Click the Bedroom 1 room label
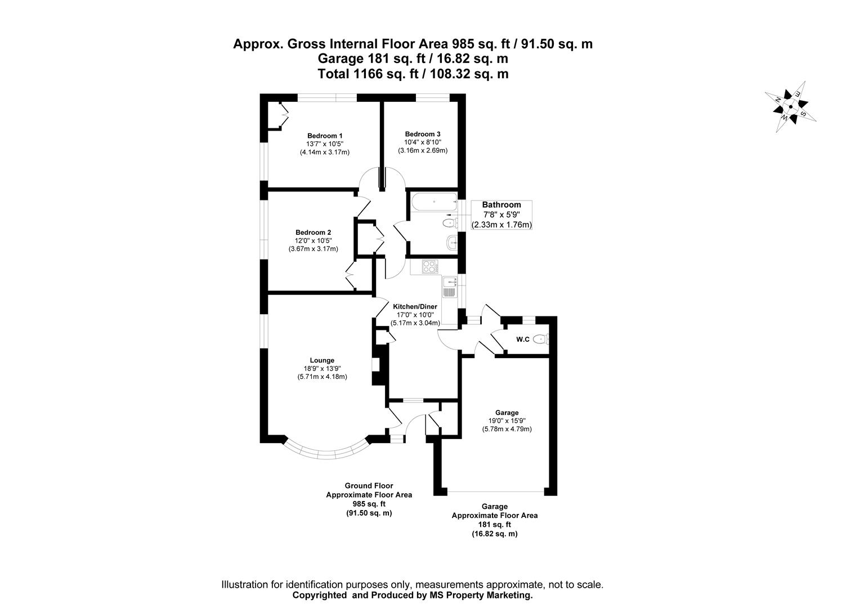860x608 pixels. pos(325,136)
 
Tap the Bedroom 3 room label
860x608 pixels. pos(422,134)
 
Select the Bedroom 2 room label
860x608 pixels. pos(313,233)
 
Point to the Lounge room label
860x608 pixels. pos(322,360)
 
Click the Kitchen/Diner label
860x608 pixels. pos(415,307)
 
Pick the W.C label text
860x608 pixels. pos(522,339)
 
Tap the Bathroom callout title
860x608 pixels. pos(501,205)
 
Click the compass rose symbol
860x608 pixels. pos(790,107)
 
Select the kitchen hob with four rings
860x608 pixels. pos(429,266)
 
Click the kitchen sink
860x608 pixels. pos(450,287)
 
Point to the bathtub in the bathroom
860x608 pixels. pos(434,201)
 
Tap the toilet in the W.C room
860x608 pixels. pos(541,339)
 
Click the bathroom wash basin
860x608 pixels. pos(451,243)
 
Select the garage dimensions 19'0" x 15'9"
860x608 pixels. pos(507,421)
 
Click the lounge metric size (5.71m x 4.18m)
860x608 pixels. pos(322,377)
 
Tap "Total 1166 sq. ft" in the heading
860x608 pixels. pos(363,73)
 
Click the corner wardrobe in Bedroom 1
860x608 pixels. pos(277,116)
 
